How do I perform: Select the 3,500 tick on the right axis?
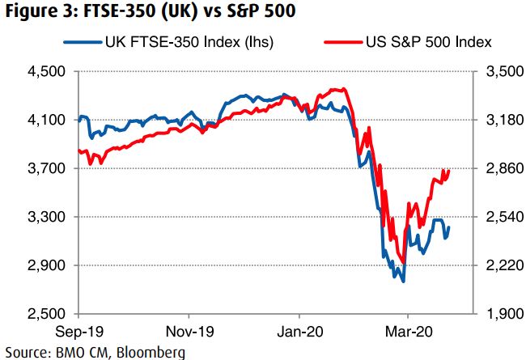(503, 72)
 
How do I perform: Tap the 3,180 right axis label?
(503, 121)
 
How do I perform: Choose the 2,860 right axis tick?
(503, 169)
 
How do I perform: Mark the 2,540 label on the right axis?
(503, 218)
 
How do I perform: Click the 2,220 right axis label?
(503, 265)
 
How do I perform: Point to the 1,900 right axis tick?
(503, 314)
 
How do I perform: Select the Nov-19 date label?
(189, 332)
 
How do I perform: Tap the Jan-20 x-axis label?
(299, 332)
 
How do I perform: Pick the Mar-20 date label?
(408, 332)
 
